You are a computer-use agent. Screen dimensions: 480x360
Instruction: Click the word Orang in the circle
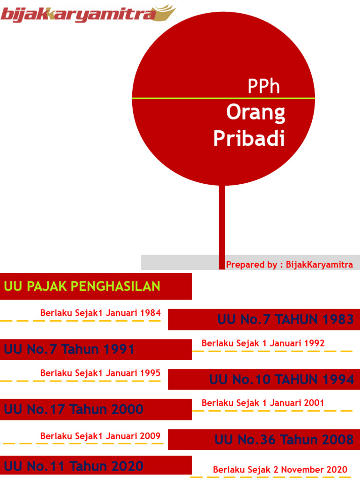click(255, 112)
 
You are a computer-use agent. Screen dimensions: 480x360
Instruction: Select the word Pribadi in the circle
click(249, 138)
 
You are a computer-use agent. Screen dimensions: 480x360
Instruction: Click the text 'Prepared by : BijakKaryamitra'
click(289, 264)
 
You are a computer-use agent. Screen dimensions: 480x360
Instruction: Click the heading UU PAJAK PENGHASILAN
click(82, 286)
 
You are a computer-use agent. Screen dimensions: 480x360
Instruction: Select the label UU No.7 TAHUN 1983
click(285, 320)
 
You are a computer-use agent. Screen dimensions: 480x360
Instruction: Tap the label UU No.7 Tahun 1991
click(69, 349)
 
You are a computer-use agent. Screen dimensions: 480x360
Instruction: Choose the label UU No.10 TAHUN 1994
click(281, 379)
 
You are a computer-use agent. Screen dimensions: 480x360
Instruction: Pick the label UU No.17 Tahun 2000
click(74, 409)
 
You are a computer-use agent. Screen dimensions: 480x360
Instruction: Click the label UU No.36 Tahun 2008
click(284, 440)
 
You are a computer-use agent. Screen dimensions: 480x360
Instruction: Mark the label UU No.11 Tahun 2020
click(74, 466)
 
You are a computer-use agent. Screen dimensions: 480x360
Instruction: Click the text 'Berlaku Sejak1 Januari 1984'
click(100, 313)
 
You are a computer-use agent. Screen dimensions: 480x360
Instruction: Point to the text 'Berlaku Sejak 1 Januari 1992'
click(263, 343)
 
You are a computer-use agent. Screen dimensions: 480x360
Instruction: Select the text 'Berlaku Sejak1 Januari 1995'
click(100, 373)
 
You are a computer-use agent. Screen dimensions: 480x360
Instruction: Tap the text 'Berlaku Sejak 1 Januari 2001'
click(262, 403)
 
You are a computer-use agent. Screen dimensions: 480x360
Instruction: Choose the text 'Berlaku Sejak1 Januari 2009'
click(100, 436)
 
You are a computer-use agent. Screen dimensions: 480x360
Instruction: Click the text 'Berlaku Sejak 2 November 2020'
click(280, 469)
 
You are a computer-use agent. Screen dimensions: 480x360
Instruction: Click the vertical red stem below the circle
click(222, 220)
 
